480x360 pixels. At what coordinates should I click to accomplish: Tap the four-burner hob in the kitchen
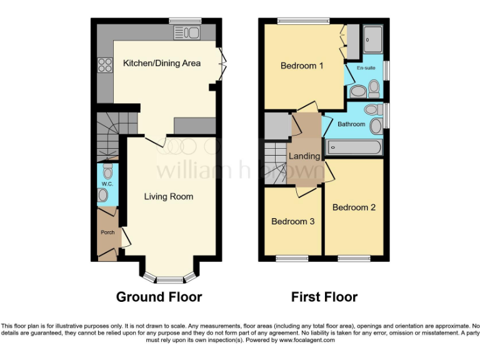pos(104,65)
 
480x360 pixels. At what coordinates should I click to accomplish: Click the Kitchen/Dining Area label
pos(162,63)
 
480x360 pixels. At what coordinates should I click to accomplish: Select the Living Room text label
pos(169,196)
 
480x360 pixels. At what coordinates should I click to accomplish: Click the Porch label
pos(107,232)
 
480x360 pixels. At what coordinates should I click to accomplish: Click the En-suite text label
pos(366,67)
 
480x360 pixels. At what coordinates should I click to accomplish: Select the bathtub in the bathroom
pos(353,148)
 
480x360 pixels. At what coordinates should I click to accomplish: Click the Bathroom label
pos(351,124)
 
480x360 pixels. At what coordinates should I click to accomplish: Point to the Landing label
pos(304,156)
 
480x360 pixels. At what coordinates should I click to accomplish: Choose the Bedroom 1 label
pos(302,66)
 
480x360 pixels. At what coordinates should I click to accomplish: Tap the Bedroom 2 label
pos(354,207)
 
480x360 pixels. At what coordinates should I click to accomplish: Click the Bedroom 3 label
pos(292,221)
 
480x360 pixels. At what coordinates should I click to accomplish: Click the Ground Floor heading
pos(159,297)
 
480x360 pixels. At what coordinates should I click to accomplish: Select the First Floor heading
pos(324,297)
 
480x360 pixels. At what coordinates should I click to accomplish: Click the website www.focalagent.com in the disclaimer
pos(306,340)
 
